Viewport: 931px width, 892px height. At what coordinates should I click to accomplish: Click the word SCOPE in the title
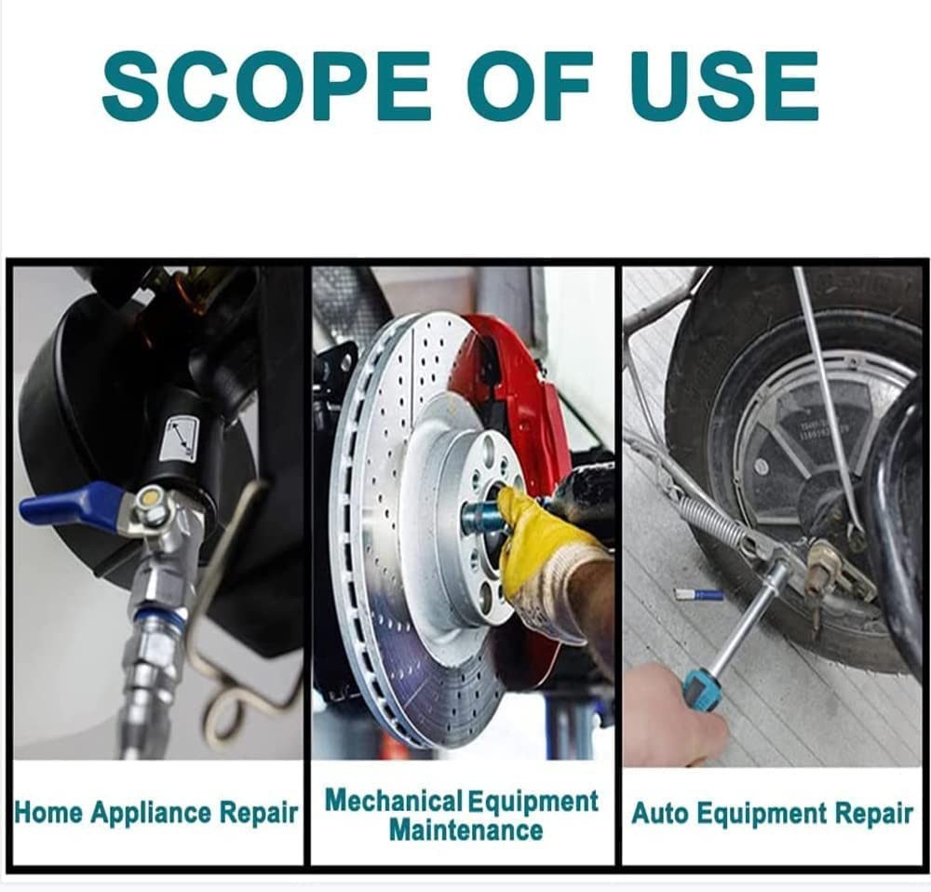265,86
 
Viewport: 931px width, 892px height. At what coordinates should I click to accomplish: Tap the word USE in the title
725,86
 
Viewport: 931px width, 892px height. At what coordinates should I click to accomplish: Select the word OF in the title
529,86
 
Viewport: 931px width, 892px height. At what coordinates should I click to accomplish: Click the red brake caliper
517,427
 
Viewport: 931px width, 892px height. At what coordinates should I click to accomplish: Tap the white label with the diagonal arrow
179,439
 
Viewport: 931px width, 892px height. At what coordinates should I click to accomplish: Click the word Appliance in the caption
151,813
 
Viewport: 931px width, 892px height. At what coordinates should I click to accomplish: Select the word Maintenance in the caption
465,831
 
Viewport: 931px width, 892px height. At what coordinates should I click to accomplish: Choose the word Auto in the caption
660,813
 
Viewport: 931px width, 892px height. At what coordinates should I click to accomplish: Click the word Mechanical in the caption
393,801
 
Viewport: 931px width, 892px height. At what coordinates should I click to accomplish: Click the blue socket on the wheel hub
481,514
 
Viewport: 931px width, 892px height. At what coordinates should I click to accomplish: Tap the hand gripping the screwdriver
674,716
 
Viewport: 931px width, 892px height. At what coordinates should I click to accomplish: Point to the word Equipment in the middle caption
533,802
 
